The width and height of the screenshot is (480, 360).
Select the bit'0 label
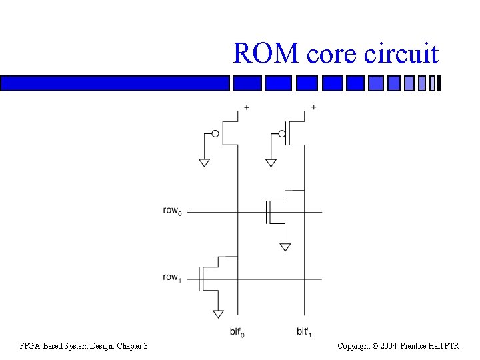pos(237,332)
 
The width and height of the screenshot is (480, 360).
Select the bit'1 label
pos(304,332)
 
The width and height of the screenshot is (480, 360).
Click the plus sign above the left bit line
pos(246,107)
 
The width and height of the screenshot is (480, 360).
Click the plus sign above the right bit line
pos(313,107)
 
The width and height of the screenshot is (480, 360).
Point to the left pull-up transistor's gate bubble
pos(215,134)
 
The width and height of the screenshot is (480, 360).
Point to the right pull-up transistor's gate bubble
pos(282,134)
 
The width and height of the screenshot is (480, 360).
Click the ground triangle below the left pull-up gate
pos(204,163)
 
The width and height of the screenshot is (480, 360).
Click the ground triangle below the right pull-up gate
pos(271,163)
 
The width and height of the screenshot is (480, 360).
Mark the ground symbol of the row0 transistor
pos(285,247)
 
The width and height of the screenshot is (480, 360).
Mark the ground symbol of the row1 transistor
pos(218,313)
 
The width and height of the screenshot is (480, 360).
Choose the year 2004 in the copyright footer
pos(389,345)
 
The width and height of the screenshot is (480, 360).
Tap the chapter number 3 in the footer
pos(145,345)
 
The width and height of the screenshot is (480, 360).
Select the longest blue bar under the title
pos(115,83)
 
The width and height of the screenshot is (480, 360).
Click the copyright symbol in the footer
pos(375,345)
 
